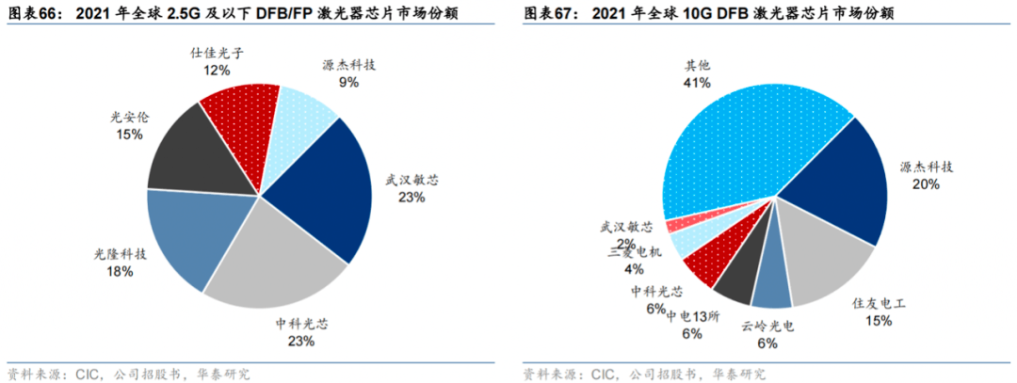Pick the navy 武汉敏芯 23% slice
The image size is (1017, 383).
click(315, 188)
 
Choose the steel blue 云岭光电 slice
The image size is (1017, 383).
click(771, 288)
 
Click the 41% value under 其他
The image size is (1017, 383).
click(697, 84)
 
